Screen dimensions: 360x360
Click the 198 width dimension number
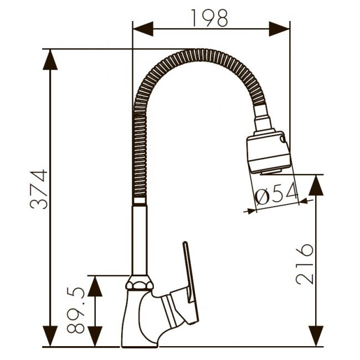tap(209, 18)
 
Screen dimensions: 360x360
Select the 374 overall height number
tap(39, 189)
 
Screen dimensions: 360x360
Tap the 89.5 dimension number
tap(76, 310)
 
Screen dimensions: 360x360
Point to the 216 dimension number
tap(305, 264)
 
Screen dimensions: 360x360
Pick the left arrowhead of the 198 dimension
tap(143, 29)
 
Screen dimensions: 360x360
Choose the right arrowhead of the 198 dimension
tap(279, 29)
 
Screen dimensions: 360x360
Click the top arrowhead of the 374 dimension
tap(50, 59)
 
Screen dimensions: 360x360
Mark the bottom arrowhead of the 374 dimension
tap(50, 336)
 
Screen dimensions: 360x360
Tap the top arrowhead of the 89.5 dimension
tap(95, 286)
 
